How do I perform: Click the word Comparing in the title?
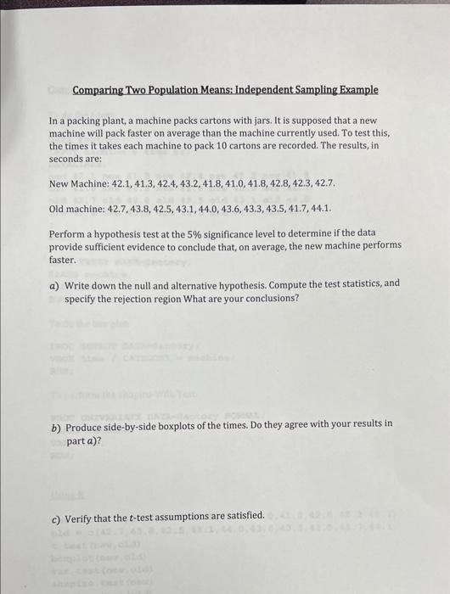click(x=101, y=90)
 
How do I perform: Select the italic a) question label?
click(x=54, y=283)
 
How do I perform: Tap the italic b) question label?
click(x=55, y=423)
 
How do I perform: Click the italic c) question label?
click(x=55, y=515)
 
